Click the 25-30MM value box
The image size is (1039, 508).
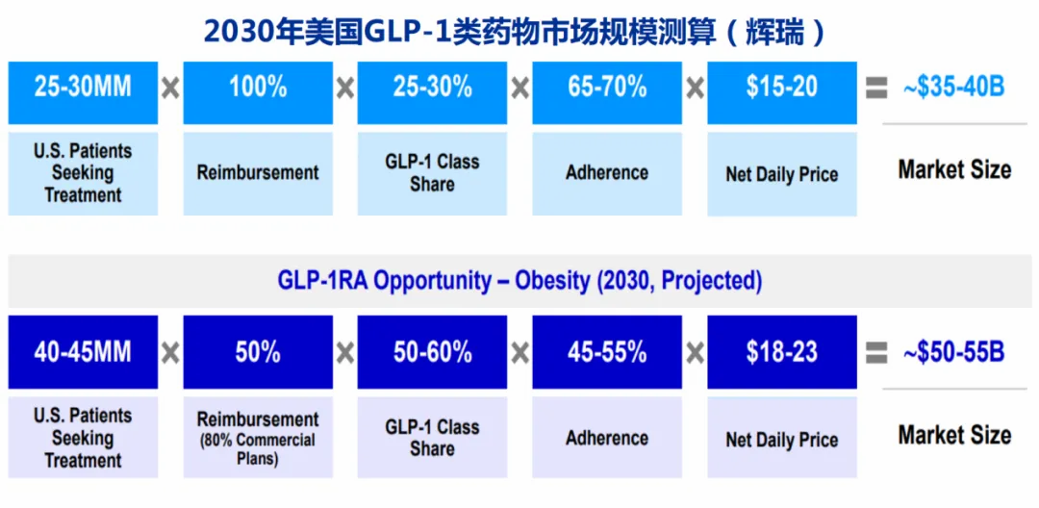click(x=83, y=92)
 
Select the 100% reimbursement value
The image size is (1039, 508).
click(x=258, y=92)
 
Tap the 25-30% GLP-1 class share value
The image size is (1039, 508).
click(x=432, y=92)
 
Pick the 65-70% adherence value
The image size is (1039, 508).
click(x=607, y=92)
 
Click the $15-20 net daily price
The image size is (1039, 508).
click(x=782, y=92)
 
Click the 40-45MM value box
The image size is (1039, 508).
click(x=83, y=352)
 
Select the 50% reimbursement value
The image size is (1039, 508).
click(x=258, y=352)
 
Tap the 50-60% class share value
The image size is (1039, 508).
click(x=432, y=352)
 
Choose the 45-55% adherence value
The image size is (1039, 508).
click(x=607, y=352)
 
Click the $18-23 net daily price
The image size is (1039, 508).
click(x=782, y=352)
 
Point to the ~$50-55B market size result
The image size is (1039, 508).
click(x=954, y=352)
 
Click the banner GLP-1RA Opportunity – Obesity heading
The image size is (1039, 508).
click(x=519, y=281)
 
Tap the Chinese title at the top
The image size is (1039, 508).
click(x=515, y=32)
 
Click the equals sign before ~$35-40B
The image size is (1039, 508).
click(x=876, y=89)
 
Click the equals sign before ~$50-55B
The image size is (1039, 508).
click(x=876, y=353)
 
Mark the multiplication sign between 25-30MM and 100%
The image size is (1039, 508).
click(x=170, y=89)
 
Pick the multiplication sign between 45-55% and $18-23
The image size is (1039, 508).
click(x=695, y=353)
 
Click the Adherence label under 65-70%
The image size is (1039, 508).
click(x=607, y=173)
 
